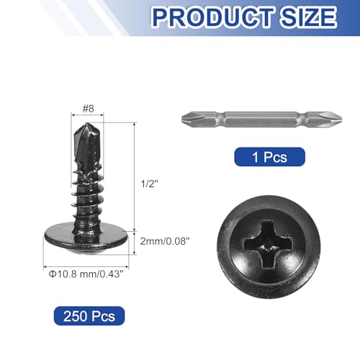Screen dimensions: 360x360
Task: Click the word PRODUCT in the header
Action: (213, 17)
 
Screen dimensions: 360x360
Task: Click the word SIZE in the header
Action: (308, 17)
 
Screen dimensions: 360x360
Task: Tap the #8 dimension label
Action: (88, 109)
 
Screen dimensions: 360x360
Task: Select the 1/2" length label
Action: (149, 184)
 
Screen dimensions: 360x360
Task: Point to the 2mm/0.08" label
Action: (165, 241)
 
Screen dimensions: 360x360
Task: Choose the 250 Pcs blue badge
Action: (89, 316)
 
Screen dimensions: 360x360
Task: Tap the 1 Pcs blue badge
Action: (269, 157)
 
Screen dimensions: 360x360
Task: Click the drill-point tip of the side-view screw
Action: (87, 124)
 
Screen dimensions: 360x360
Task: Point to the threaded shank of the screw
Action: (87, 199)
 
